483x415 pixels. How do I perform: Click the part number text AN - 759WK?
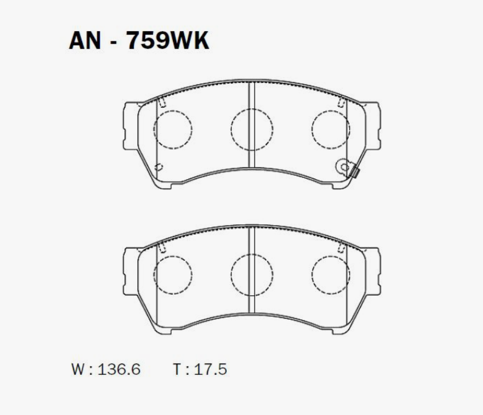[x=139, y=41]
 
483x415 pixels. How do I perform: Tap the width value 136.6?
[x=119, y=369]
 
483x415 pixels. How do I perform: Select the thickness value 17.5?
[x=210, y=369]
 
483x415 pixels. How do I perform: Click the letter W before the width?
[x=78, y=369]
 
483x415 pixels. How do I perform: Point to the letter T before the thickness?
[x=178, y=369]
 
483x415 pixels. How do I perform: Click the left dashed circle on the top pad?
[x=173, y=111]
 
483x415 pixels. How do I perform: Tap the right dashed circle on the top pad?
[x=331, y=111]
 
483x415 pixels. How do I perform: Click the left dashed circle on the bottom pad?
[x=173, y=256]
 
